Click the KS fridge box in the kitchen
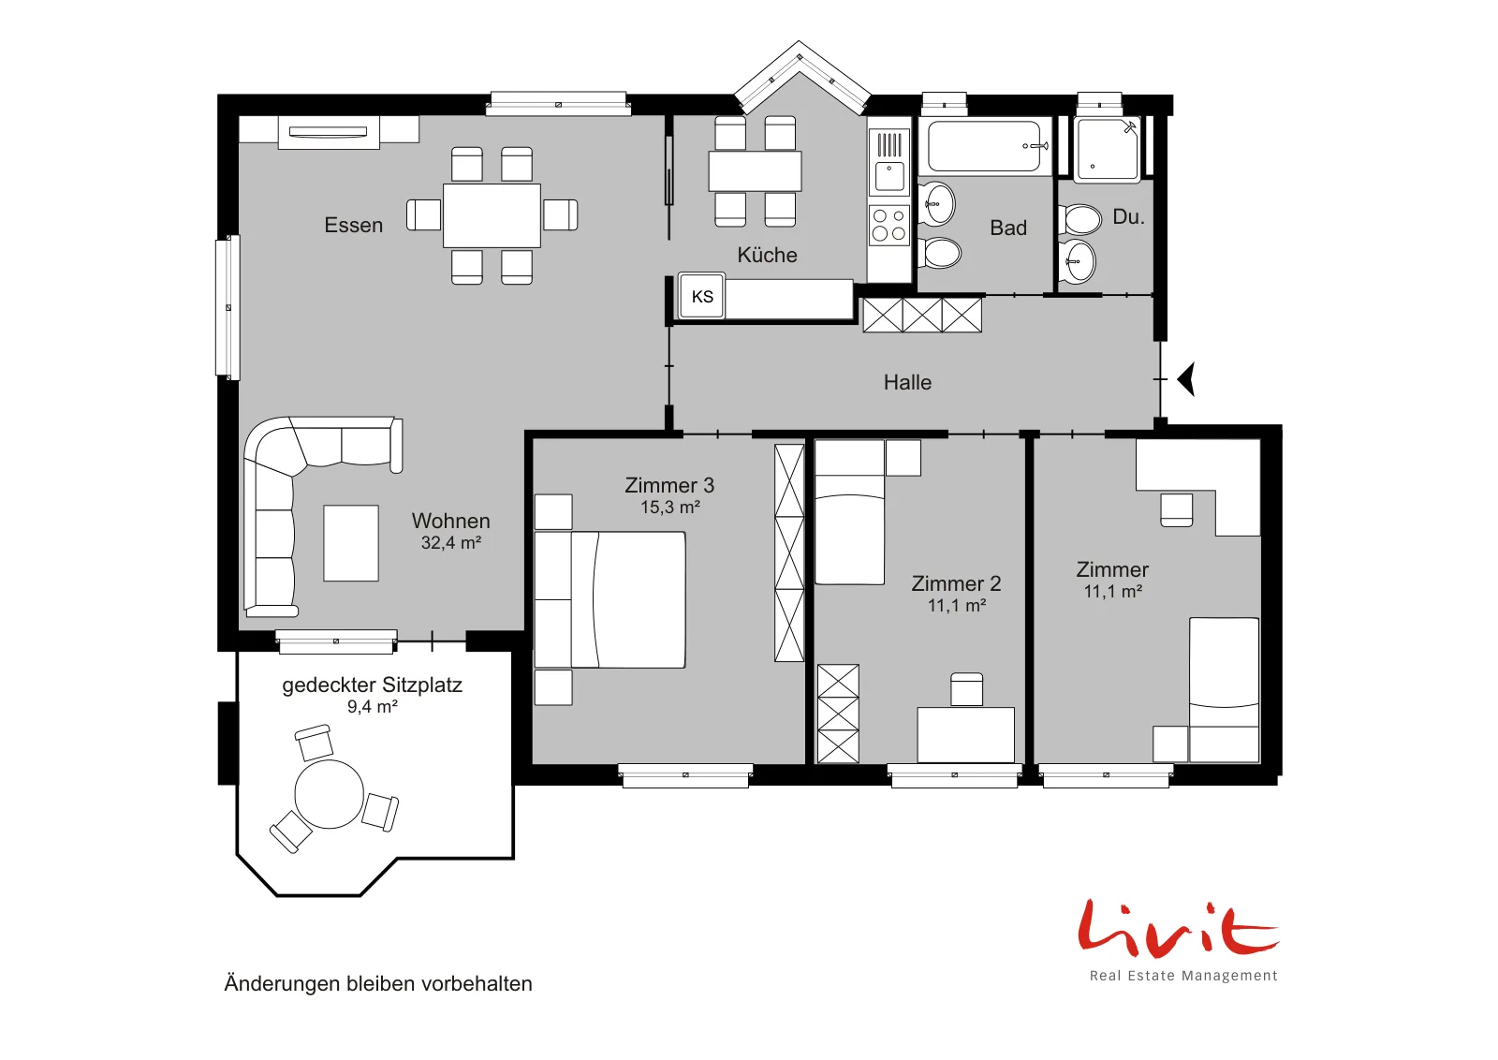(x=701, y=296)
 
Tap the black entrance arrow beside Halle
(x=1186, y=379)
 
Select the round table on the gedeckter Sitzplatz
(x=329, y=794)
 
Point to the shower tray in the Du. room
(x=1107, y=150)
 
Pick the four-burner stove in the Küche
(x=889, y=226)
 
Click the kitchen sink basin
(x=889, y=176)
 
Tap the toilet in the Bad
(x=940, y=254)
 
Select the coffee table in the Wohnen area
(x=351, y=543)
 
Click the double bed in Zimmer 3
(x=609, y=600)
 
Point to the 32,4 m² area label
(x=450, y=542)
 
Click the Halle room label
(x=907, y=383)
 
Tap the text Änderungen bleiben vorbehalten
(x=378, y=984)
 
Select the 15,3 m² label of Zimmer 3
(x=670, y=507)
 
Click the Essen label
(x=353, y=226)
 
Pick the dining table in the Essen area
(x=492, y=215)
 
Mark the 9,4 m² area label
(x=373, y=706)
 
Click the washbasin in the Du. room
(x=1078, y=261)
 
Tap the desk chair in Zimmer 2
(x=966, y=689)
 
